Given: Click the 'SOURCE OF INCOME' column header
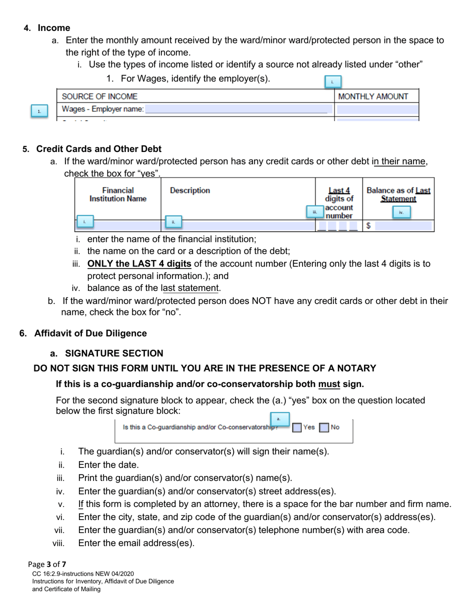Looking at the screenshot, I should point(99,96).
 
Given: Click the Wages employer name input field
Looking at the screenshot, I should point(238,109).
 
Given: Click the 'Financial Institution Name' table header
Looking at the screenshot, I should point(118,194).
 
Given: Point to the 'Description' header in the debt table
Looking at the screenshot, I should point(190,190).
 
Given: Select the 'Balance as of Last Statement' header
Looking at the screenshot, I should point(398,194).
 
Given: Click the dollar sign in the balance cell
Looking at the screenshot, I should point(368,226).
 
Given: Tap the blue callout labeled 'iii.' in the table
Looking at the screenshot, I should point(315,212).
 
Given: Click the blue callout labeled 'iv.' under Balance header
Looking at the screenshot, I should point(401,212).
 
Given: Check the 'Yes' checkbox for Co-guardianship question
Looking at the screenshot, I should point(297,427).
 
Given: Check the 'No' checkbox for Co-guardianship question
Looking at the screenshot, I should point(324,427).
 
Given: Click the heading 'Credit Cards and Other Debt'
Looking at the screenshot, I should point(98,149).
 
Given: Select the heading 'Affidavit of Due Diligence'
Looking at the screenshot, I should point(90,333).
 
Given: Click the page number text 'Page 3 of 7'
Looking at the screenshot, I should point(47,564).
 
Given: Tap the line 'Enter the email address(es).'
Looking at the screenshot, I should point(136,543).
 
